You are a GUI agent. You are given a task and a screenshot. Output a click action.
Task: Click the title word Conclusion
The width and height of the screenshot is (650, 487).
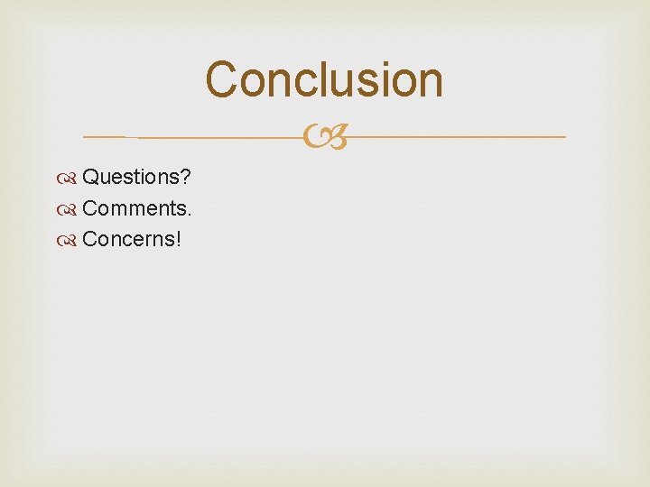click(x=324, y=79)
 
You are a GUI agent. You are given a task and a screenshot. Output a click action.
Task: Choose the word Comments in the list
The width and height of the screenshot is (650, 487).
click(x=133, y=209)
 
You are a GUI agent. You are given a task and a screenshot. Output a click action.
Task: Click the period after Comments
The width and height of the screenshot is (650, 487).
click(x=189, y=215)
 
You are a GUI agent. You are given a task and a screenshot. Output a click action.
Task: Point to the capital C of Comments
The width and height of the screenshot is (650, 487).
click(x=89, y=209)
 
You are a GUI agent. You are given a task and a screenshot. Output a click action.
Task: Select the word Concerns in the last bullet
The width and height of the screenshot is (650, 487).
click(x=129, y=239)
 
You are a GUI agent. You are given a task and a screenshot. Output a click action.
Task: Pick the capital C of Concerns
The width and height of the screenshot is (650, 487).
click(x=89, y=239)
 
